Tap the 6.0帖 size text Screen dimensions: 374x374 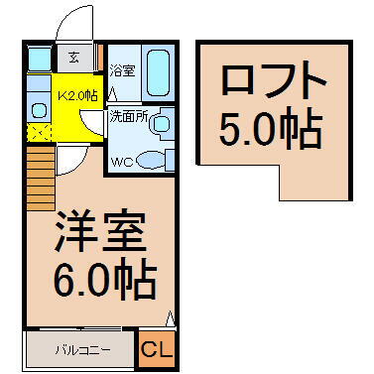tap(102, 280)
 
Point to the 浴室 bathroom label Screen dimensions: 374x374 tap(122, 71)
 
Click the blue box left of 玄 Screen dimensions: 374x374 tap(38, 57)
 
